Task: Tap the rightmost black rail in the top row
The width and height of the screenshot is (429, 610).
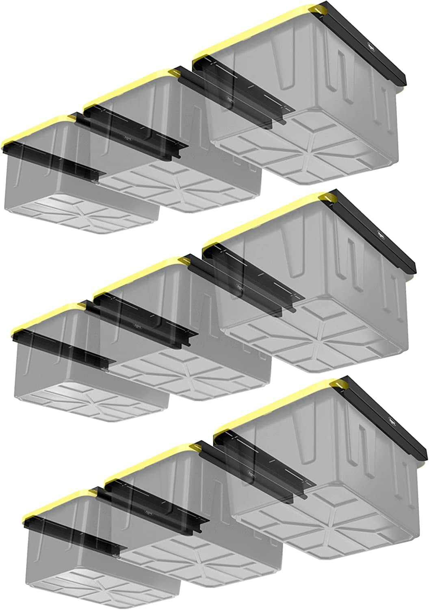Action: pyautogui.click(x=362, y=41)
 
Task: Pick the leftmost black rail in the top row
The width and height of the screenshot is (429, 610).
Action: pyautogui.click(x=53, y=157)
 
